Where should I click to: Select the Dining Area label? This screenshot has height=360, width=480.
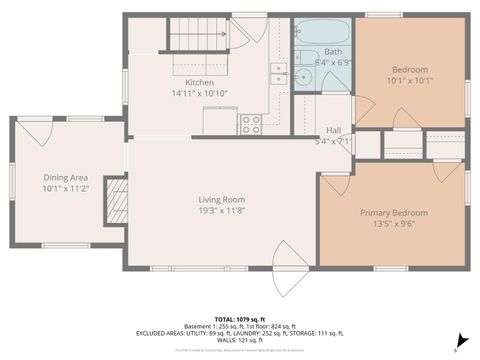click(66, 177)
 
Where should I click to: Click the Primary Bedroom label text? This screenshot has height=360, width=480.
click(393, 213)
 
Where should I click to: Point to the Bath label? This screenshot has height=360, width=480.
click(332, 51)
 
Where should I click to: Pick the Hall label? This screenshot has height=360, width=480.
click(333, 130)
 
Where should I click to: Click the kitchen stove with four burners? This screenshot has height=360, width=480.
click(250, 124)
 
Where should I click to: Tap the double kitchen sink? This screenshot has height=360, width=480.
click(278, 74)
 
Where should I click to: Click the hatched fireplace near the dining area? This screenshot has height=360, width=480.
click(118, 198)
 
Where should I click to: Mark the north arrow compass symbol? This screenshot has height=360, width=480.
click(459, 340)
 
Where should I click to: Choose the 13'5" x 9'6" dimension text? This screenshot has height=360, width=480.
click(393, 224)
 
